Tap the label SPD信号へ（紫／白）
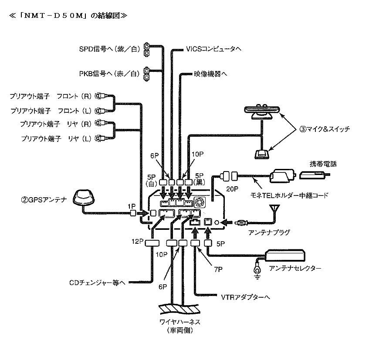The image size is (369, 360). coord(109,49)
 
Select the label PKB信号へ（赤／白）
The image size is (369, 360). coord(109,74)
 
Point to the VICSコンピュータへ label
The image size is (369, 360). coord(213,49)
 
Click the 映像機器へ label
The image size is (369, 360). coord(210,74)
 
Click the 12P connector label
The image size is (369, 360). coord(138,241)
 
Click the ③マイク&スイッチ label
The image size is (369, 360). coord(325,129)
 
